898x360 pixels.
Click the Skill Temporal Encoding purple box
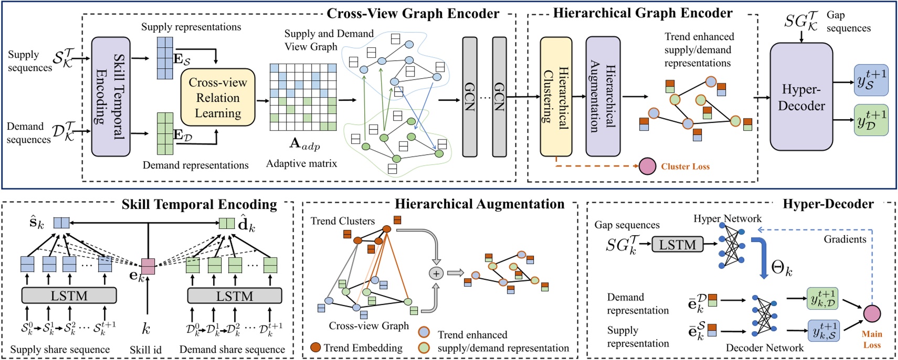(111, 97)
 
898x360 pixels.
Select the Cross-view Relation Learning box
(218, 98)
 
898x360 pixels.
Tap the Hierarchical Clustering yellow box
(556, 97)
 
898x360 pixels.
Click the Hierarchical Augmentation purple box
(603, 97)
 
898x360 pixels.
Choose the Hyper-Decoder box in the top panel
(801, 97)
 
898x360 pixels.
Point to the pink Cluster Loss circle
(647, 166)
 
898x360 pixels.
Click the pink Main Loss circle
(872, 313)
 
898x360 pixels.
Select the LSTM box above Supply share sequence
(69, 296)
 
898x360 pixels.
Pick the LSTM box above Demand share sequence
(235, 296)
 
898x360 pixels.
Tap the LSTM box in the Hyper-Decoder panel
(677, 245)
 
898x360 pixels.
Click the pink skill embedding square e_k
(149, 267)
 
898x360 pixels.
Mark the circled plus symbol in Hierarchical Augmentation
(436, 273)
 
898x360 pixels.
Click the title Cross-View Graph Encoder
(413, 13)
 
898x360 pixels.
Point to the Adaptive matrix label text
(301, 163)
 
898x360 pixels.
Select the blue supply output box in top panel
(871, 80)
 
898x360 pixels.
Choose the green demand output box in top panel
(871, 121)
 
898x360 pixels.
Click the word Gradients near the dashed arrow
(844, 239)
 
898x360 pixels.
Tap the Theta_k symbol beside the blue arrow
(781, 269)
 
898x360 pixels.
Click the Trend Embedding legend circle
(315, 347)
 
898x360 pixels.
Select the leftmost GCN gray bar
(469, 97)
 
